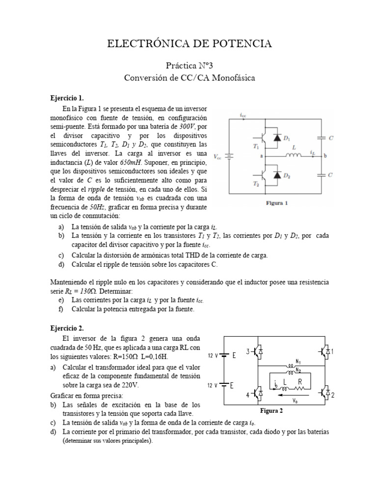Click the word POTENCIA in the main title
tap(237, 44)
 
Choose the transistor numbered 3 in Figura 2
tap(258, 351)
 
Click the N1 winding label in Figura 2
tap(298, 361)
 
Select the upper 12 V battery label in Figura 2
tap(212, 356)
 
